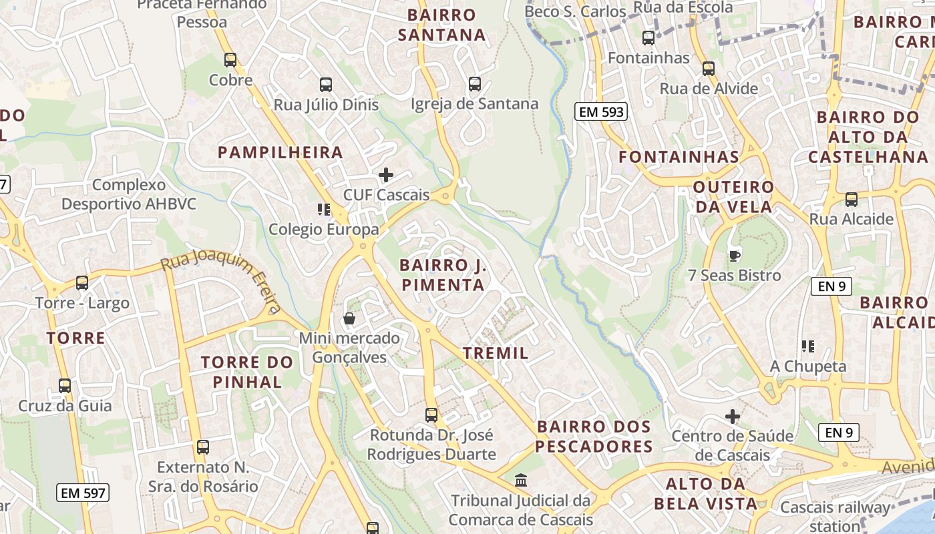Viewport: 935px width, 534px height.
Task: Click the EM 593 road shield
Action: [x=601, y=112]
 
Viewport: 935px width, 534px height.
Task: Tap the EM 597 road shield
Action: [x=83, y=493]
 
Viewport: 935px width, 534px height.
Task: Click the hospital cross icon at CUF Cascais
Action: [x=386, y=175]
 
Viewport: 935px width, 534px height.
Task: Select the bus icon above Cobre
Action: [x=230, y=60]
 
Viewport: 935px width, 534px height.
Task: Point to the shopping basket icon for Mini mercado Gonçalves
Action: [x=349, y=318]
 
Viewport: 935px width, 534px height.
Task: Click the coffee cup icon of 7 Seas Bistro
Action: [x=735, y=256]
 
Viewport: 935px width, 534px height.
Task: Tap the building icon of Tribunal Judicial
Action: [x=521, y=480]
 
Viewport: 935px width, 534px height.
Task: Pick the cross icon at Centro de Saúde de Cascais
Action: [x=733, y=417]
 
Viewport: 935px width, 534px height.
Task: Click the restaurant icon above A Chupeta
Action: [x=808, y=346]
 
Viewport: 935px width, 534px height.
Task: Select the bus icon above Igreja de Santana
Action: [x=475, y=84]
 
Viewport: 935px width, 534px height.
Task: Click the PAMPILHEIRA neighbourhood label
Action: [x=280, y=152]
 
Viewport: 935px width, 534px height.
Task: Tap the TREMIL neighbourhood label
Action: [x=496, y=353]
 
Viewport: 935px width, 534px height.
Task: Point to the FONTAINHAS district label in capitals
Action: [x=679, y=157]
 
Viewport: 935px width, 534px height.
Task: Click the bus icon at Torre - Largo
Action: [x=82, y=283]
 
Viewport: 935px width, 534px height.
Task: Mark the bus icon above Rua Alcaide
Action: [x=852, y=199]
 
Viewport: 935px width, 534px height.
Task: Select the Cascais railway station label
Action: [x=835, y=515]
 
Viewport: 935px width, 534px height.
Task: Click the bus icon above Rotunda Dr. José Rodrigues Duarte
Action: [x=431, y=415]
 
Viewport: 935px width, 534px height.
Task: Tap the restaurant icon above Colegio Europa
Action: [x=324, y=210]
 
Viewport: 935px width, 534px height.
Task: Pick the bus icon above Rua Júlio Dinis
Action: [x=326, y=85]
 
